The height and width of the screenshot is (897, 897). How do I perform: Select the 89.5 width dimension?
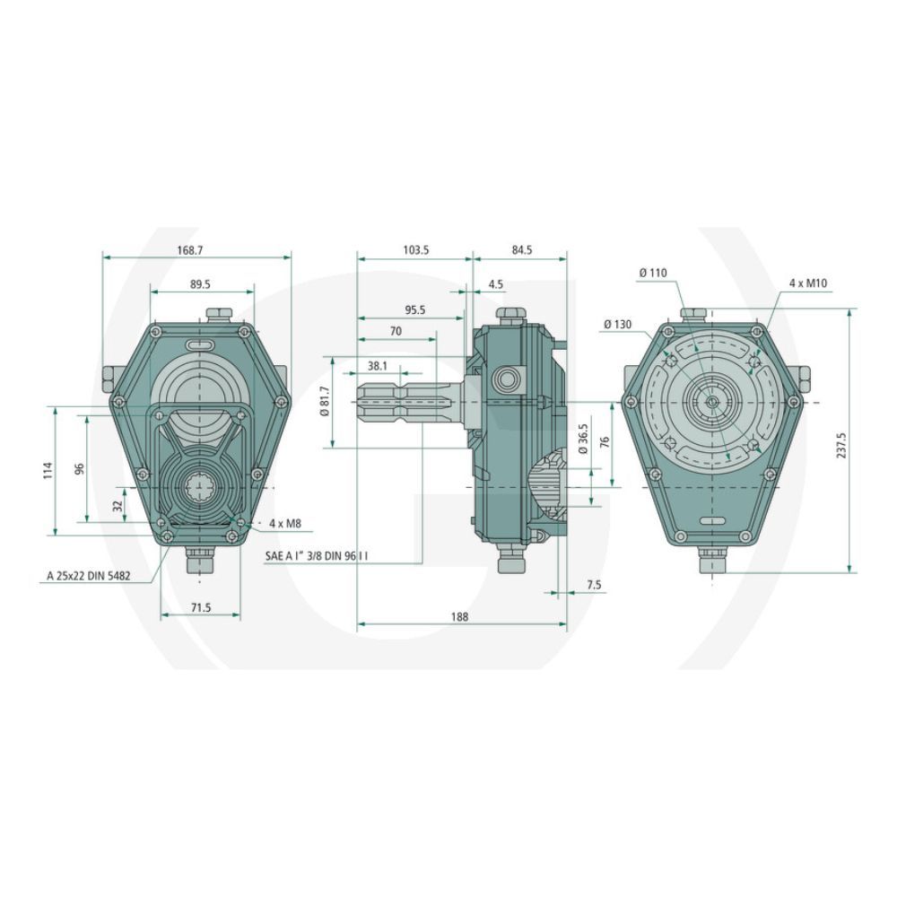pos(200,284)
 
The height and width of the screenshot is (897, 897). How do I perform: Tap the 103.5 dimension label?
pos(416,250)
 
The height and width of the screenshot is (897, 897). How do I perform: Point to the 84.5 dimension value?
pos(520,250)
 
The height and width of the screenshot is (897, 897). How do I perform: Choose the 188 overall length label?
pos(459,616)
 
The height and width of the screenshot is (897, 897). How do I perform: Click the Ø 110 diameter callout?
pos(653,274)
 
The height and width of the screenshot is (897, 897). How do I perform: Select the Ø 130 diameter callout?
pos(617,325)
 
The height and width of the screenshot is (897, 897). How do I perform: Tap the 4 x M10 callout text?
pos(808,283)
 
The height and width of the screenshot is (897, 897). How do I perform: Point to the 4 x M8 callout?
pos(285,523)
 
